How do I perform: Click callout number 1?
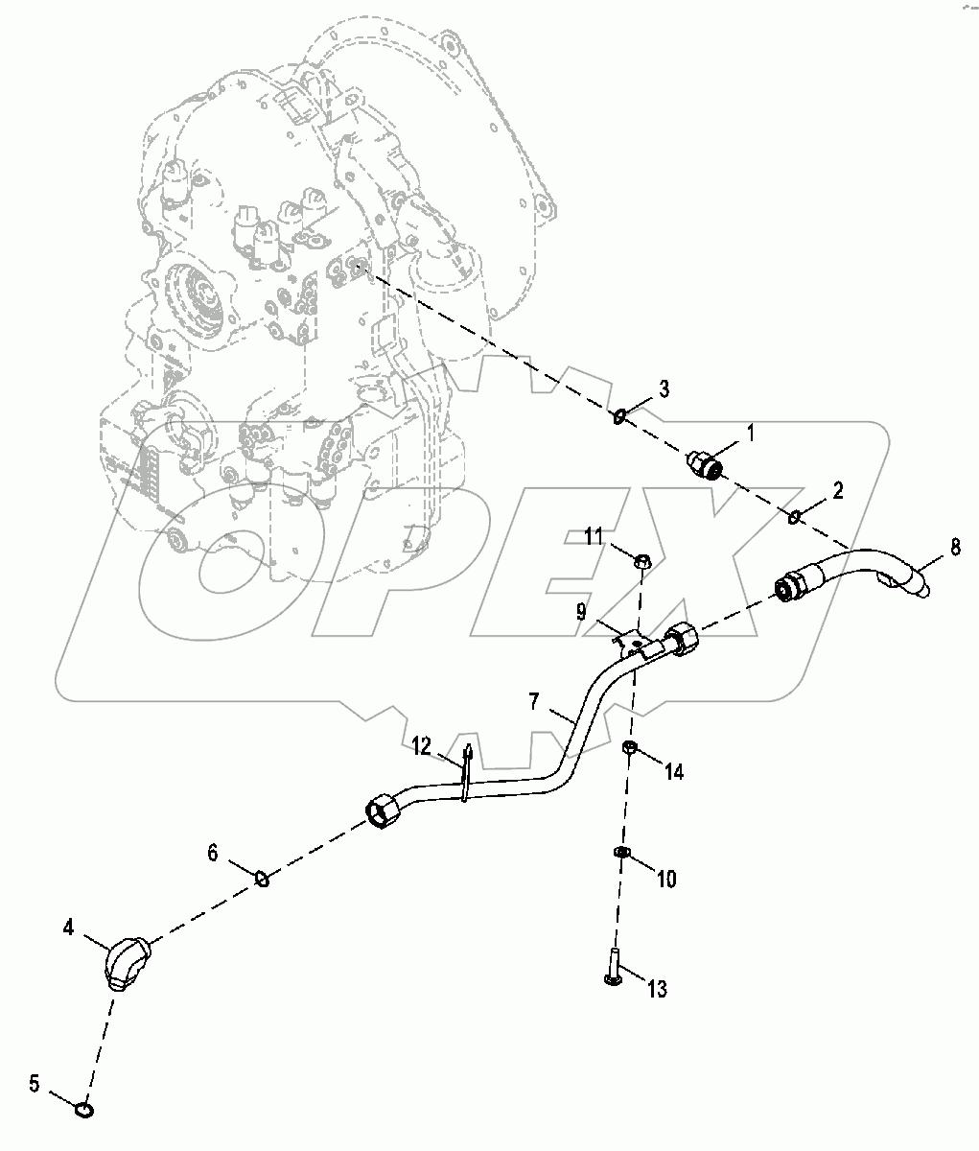coord(751,434)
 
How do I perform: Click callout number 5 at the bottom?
coord(34,1085)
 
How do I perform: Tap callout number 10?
coord(665,877)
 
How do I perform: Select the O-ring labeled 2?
coord(794,519)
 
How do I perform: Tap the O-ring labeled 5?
coord(84,1110)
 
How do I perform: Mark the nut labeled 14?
coord(628,747)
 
